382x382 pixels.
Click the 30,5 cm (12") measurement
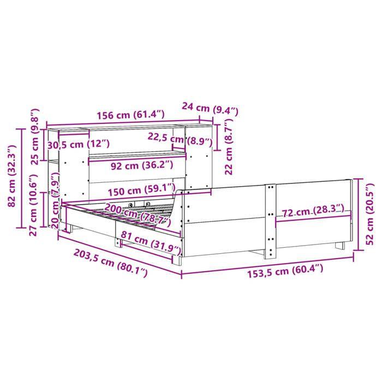pos(78,144)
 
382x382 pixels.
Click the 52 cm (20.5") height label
pos(371,213)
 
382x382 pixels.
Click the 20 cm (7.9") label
pos(56,207)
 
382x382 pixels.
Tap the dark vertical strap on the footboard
pos(270,221)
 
